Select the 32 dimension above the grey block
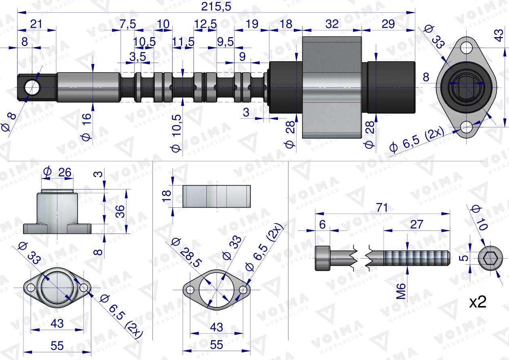[332, 24]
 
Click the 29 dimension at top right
[388, 24]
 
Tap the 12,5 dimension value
[205, 24]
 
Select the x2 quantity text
[477, 302]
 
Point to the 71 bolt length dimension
[382, 208]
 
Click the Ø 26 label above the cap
[59, 173]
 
